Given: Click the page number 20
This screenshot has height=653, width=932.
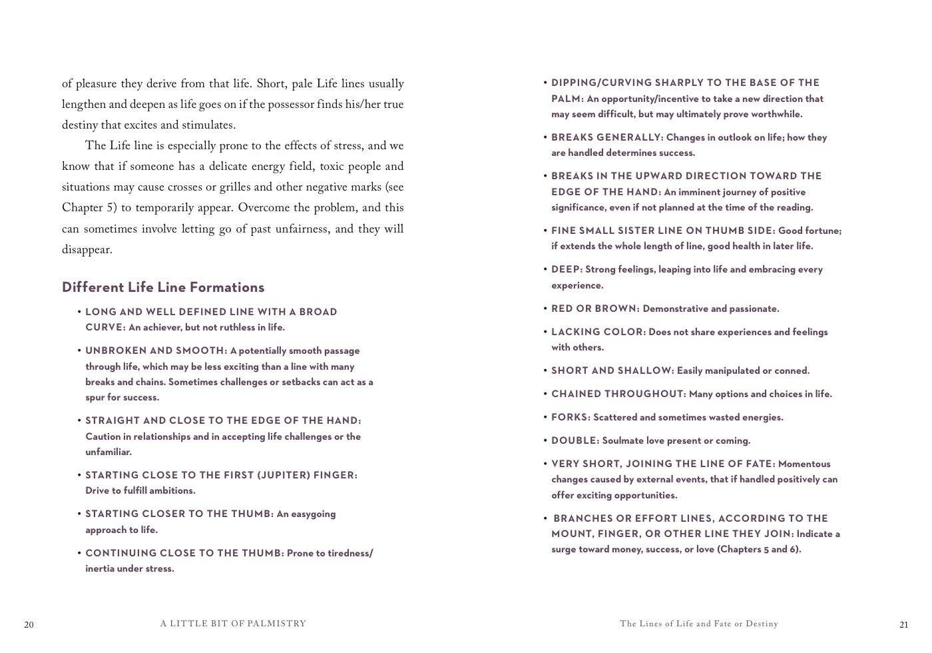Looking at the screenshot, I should pyautogui.click(x=29, y=625).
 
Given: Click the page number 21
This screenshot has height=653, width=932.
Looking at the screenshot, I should pyautogui.click(x=903, y=625).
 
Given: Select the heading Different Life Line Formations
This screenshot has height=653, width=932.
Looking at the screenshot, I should pyautogui.click(x=163, y=287).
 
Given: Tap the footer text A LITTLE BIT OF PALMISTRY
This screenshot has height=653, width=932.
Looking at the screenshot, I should pyautogui.click(x=233, y=624).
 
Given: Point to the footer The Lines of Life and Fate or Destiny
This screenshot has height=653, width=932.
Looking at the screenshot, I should pyautogui.click(x=699, y=624).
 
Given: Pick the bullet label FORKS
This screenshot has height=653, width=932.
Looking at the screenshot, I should pyautogui.click(x=571, y=417).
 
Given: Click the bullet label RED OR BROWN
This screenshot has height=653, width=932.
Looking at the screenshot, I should pyautogui.click(x=595, y=309).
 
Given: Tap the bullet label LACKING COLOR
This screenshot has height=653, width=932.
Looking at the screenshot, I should pyautogui.click(x=598, y=332).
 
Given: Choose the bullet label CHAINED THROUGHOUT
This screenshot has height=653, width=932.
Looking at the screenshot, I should pyautogui.click(x=618, y=394).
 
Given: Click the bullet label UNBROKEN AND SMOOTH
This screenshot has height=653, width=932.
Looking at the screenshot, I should pyautogui.click(x=156, y=350).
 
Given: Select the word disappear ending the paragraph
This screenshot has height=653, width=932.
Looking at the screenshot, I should pyautogui.click(x=87, y=250).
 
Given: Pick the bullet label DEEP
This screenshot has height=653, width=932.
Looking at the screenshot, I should pyautogui.click(x=567, y=269).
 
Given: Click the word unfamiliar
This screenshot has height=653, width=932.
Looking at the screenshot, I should pyautogui.click(x=108, y=452).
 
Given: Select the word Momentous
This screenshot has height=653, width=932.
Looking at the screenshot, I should pyautogui.click(x=804, y=464).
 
